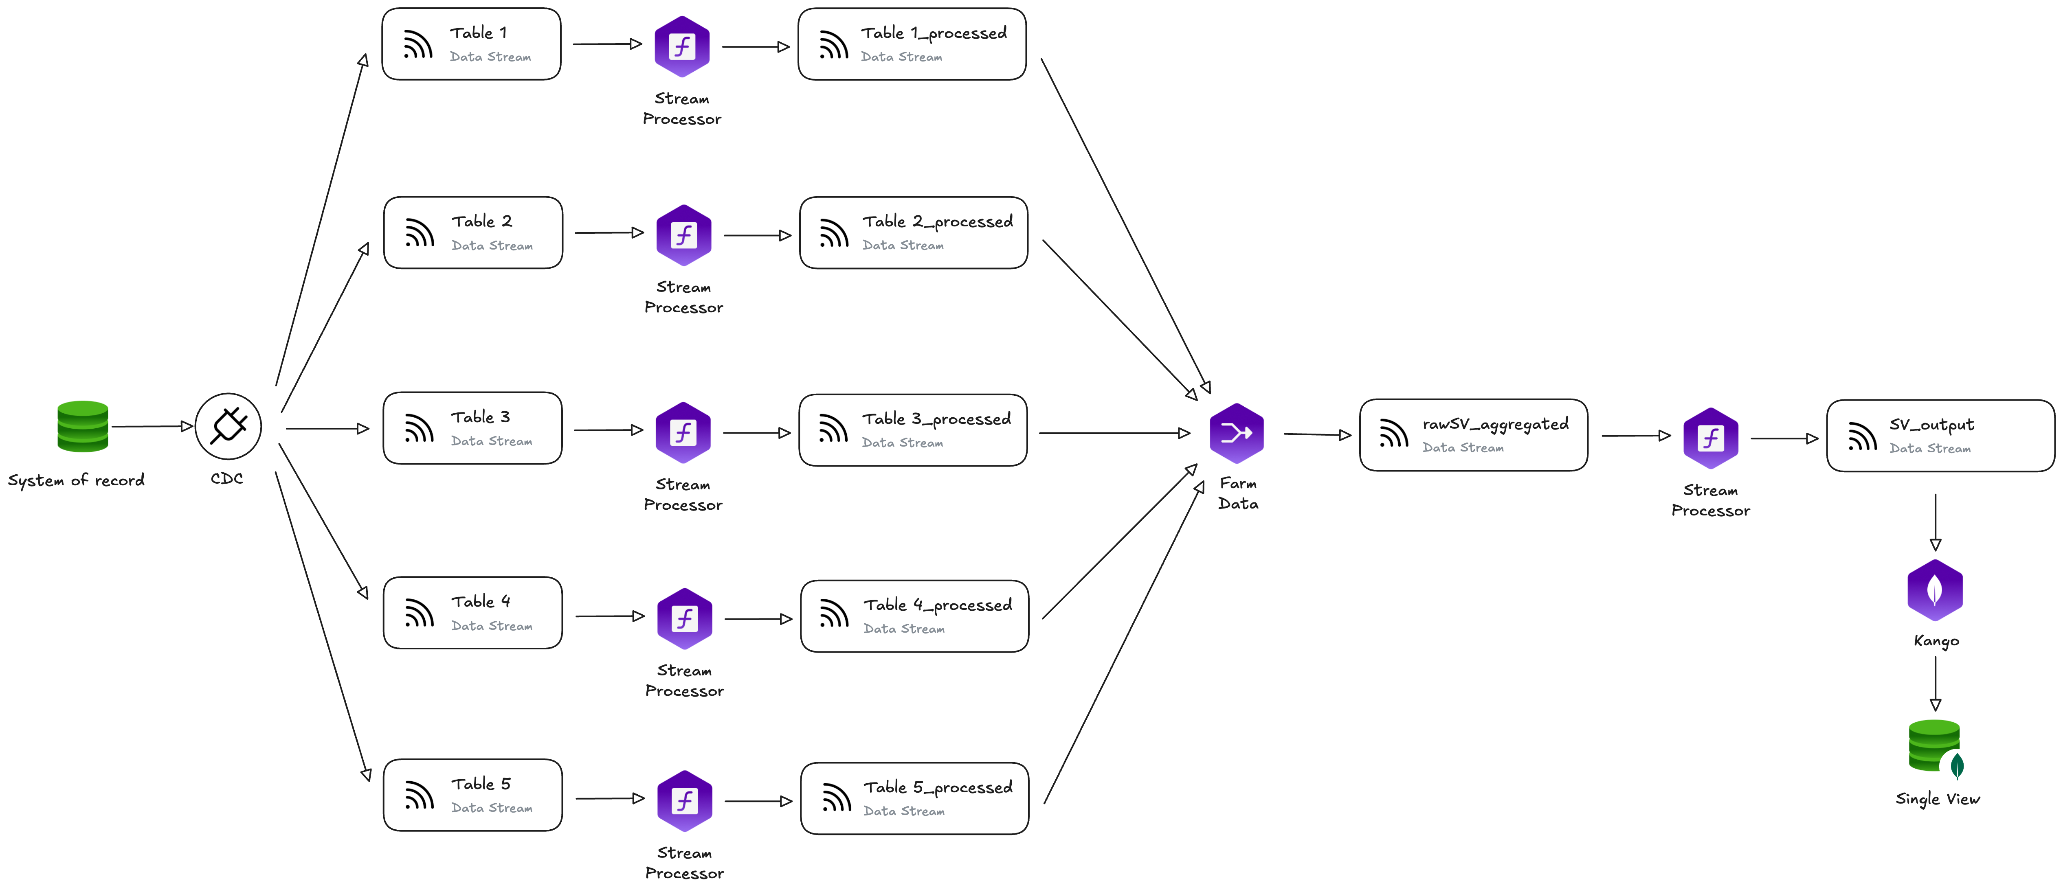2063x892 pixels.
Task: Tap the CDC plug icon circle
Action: point(228,426)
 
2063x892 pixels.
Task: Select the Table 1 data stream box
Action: point(471,44)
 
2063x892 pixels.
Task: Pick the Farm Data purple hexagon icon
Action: point(1237,433)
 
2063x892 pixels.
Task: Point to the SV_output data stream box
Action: point(1940,436)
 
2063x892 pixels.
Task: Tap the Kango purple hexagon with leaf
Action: point(1935,591)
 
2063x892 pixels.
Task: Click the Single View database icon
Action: point(1935,746)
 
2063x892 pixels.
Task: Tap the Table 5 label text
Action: point(481,784)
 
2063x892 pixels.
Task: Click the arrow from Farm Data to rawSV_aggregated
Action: point(1317,435)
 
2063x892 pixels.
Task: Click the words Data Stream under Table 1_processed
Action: point(901,57)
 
